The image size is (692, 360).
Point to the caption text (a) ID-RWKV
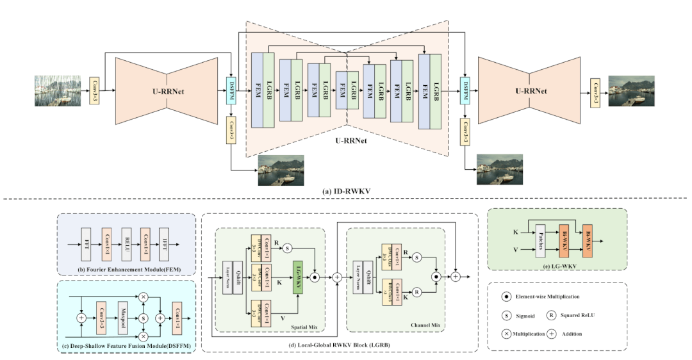345,191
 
